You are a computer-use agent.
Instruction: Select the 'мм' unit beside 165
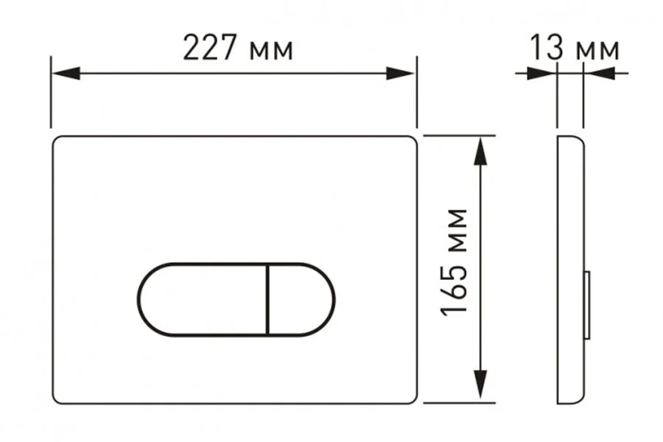457,228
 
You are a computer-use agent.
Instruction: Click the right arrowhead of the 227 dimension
401,73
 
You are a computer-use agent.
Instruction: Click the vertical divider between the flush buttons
267,299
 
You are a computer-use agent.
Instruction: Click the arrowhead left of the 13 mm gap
541,73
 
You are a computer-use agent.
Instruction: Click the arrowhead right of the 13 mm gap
598,73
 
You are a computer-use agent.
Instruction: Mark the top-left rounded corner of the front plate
57,141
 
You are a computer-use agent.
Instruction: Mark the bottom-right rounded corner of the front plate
411,398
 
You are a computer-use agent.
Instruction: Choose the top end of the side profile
569,138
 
